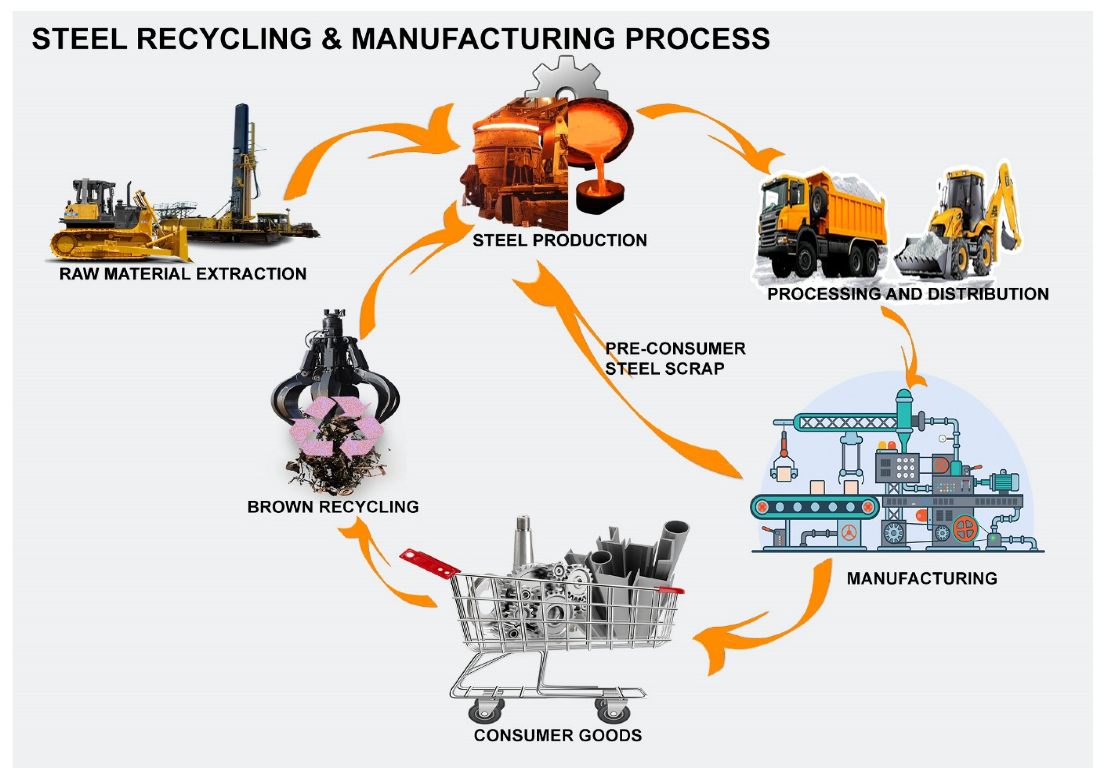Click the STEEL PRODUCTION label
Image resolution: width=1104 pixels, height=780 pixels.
tap(559, 241)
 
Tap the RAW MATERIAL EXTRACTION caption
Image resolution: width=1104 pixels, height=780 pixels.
tap(183, 274)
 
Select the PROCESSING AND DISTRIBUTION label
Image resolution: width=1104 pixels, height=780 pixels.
tap(907, 294)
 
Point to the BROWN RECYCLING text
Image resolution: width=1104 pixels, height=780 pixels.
tap(333, 507)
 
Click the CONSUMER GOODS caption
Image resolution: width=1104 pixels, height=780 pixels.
tap(557, 735)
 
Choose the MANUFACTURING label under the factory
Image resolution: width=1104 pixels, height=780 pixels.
tap(922, 578)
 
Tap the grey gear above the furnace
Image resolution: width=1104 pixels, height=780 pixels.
tap(566, 79)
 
